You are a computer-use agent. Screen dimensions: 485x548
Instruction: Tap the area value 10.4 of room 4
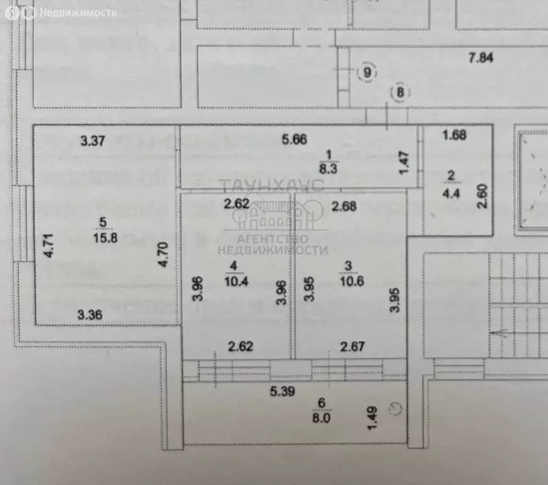pyautogui.click(x=234, y=281)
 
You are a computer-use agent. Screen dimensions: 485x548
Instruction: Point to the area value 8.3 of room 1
pyautogui.click(x=328, y=169)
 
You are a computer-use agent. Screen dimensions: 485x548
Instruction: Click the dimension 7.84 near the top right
pyautogui.click(x=480, y=59)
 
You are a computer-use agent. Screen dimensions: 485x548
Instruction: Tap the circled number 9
pyautogui.click(x=366, y=73)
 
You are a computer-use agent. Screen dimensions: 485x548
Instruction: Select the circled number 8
pyautogui.click(x=400, y=93)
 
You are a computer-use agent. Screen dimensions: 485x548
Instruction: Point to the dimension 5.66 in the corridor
pyautogui.click(x=294, y=140)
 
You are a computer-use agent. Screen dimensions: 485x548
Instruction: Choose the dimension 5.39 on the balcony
pyautogui.click(x=283, y=392)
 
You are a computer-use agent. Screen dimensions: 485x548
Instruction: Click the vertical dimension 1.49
pyautogui.click(x=373, y=418)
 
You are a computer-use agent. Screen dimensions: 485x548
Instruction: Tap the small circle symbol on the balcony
pyautogui.click(x=395, y=408)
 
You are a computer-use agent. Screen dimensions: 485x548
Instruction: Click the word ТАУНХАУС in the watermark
pyautogui.click(x=272, y=184)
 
